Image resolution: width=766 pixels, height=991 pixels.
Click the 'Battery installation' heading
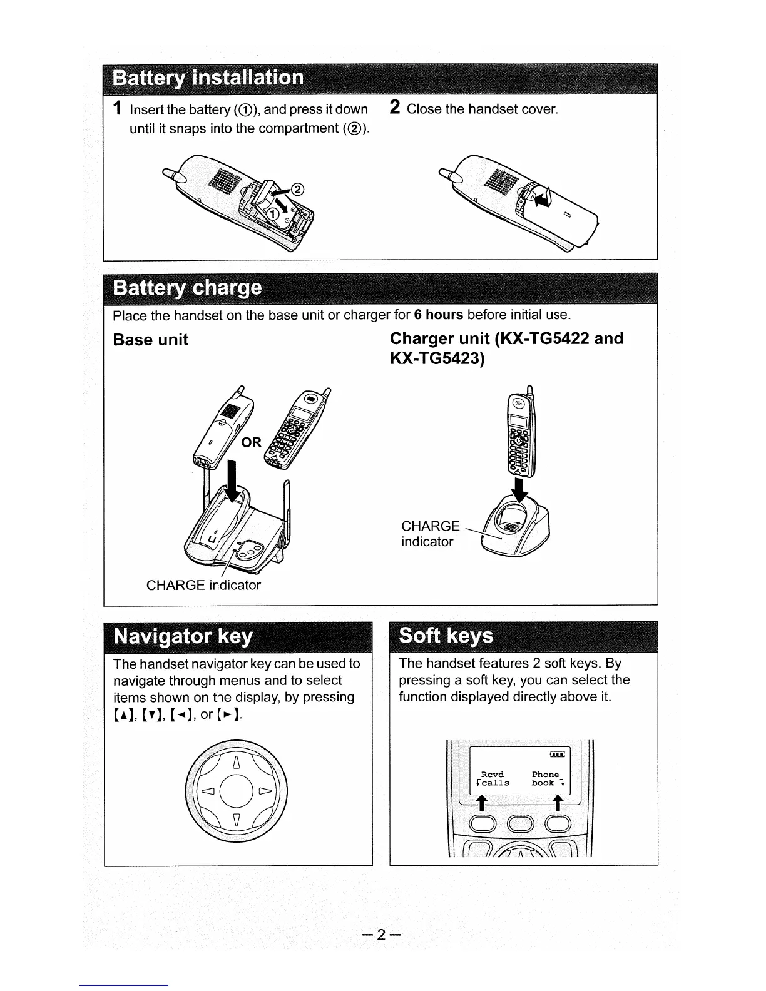tap(208, 78)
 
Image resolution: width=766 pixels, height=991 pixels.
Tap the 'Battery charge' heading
tap(187, 288)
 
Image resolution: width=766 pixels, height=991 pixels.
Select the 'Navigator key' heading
tap(183, 636)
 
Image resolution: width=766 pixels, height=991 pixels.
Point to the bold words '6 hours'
tap(438, 314)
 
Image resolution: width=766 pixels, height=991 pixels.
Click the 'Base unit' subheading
tap(150, 340)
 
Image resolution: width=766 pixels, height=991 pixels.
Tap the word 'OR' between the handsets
tap(251, 443)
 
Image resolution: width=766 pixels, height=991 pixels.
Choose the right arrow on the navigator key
tap(265, 792)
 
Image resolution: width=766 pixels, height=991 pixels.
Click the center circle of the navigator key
tap(236, 792)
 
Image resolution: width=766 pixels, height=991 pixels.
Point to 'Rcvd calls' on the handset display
tap(493, 779)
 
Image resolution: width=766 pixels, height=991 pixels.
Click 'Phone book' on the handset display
tap(546, 779)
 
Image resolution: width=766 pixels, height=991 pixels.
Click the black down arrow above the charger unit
tap(519, 490)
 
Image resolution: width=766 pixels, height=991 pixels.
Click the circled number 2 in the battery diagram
tap(297, 190)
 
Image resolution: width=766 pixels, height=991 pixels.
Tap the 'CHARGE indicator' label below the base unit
tap(203, 586)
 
